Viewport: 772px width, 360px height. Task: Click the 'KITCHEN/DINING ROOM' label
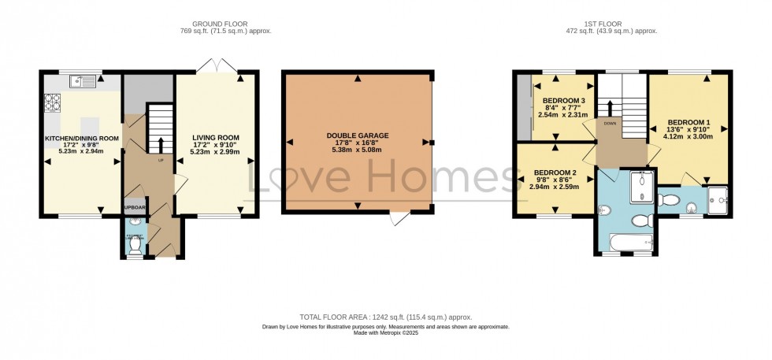coord(81,138)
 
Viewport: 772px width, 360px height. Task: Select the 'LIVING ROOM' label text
coord(216,138)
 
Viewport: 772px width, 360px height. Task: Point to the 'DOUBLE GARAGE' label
coord(358,135)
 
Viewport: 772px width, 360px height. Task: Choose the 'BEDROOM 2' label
coord(555,173)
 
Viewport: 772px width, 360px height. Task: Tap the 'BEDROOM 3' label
coord(563,101)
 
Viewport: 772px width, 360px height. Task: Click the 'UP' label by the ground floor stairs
coord(161,160)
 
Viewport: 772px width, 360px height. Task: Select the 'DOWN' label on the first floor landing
coord(611,124)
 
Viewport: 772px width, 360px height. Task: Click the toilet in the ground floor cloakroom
coord(135,244)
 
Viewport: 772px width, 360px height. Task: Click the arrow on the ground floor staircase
coord(161,144)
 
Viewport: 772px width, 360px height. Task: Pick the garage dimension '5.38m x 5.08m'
coord(358,150)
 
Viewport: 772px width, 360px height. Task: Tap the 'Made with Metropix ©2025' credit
coord(385,332)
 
